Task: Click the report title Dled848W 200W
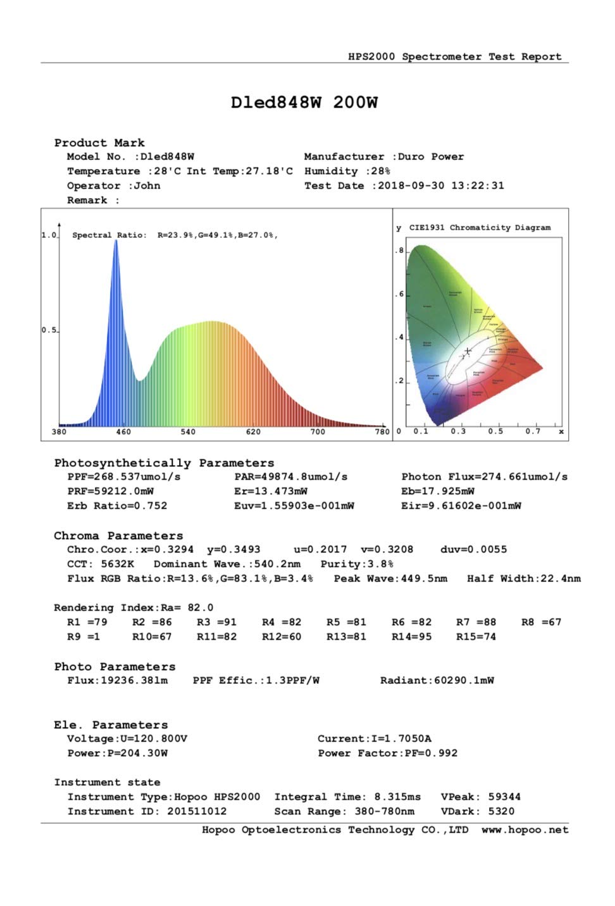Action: [x=304, y=102]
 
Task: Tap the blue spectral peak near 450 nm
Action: [x=116, y=244]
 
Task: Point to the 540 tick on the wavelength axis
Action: [x=188, y=431]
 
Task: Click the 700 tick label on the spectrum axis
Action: [x=318, y=431]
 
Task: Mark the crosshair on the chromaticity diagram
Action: [x=468, y=351]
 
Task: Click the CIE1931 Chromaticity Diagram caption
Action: [x=480, y=228]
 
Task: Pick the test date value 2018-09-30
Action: [x=411, y=186]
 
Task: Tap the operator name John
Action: [x=147, y=186]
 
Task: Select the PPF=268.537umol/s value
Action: [x=124, y=477]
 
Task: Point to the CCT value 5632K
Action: [x=118, y=564]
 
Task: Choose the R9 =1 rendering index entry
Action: [x=84, y=636]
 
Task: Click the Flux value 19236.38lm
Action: [x=134, y=681]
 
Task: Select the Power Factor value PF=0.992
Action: [x=433, y=753]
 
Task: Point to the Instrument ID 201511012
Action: [x=197, y=811]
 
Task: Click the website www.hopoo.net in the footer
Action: [x=525, y=830]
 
